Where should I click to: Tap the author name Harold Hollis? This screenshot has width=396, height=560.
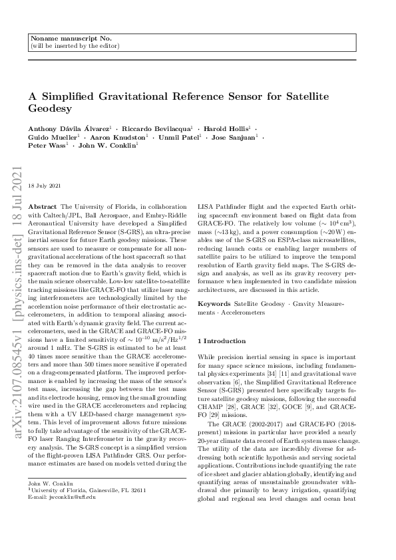tap(226, 128)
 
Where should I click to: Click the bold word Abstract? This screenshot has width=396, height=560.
tap(43, 208)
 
